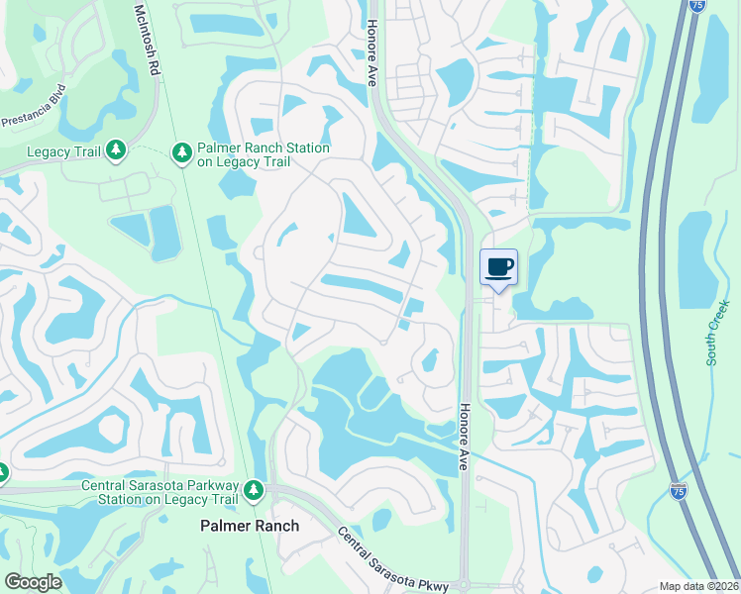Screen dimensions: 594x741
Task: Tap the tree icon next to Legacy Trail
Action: (116, 149)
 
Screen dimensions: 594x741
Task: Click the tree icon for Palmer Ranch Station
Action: (181, 152)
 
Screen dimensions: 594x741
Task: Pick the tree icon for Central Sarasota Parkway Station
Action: (255, 490)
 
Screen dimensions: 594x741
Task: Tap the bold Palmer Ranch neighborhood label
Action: (250, 526)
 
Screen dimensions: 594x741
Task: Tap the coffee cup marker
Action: (498, 267)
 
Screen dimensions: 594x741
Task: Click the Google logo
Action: (33, 582)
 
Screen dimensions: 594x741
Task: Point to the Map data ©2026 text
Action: (699, 586)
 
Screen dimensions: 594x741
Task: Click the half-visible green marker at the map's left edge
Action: (3, 474)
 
